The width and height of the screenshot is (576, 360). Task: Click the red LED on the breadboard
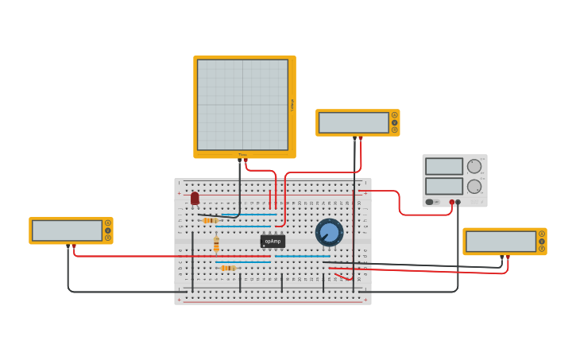(195, 198)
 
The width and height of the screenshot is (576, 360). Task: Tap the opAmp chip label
(273, 241)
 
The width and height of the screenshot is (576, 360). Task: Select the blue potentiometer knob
(329, 232)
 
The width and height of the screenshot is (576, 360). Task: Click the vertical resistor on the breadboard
(216, 245)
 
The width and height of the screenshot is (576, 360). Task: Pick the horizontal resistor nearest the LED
(211, 220)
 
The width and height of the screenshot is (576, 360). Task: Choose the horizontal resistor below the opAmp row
(228, 269)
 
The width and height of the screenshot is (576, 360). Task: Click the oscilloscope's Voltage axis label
(292, 105)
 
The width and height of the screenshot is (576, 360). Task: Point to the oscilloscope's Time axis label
(243, 155)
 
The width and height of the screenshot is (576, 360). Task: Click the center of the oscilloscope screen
(242, 105)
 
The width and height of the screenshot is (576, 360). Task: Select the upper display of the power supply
(443, 166)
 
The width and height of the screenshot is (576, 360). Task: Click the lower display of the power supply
(443, 186)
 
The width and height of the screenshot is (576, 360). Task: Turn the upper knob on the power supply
(474, 166)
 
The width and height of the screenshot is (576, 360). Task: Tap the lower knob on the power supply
(474, 187)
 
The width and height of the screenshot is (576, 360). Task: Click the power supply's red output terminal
(452, 202)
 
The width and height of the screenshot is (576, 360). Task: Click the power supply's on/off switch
(429, 202)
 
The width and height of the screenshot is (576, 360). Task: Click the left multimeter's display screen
(68, 230)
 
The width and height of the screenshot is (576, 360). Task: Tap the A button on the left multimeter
(108, 223)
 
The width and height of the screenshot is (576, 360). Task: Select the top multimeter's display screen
(354, 122)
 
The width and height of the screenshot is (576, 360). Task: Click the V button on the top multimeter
(394, 122)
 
